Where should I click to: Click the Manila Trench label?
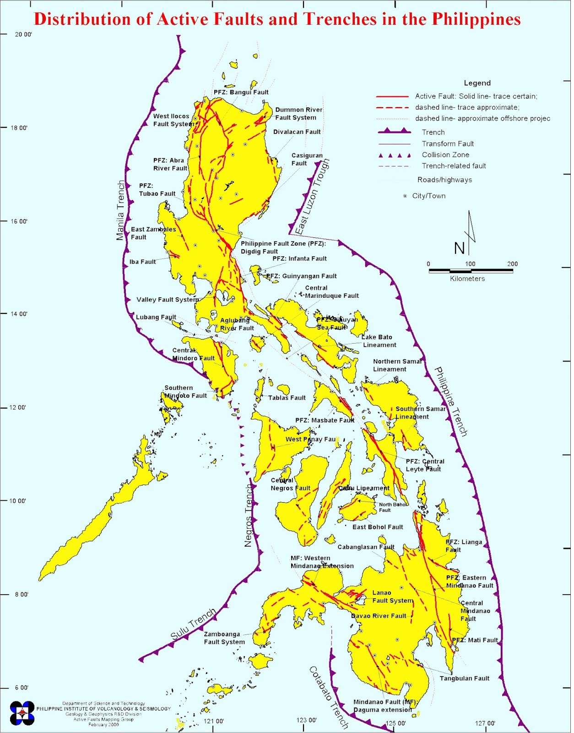pyautogui.click(x=120, y=210)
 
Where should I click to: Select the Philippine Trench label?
pyautogui.click(x=451, y=401)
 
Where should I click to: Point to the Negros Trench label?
pyautogui.click(x=249, y=515)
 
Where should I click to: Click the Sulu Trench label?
pyautogui.click(x=193, y=624)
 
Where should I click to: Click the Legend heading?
pyautogui.click(x=477, y=83)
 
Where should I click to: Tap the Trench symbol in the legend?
pyautogui.click(x=394, y=131)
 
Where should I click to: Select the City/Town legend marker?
pyautogui.click(x=405, y=196)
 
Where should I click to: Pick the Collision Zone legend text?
pyautogui.click(x=445, y=155)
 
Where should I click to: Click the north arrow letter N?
pyautogui.click(x=459, y=249)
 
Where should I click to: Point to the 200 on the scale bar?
pyautogui.click(x=512, y=264)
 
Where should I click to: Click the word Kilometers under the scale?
pyautogui.click(x=467, y=279)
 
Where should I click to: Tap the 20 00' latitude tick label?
pyautogui.click(x=23, y=34)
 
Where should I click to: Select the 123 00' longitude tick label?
pyautogui.click(x=306, y=720)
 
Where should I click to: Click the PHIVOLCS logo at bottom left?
pyautogui.click(x=22, y=713)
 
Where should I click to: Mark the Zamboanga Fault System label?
pyautogui.click(x=224, y=638)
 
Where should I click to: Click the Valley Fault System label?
pyautogui.click(x=168, y=300)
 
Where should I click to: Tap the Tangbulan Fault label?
pyautogui.click(x=464, y=678)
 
